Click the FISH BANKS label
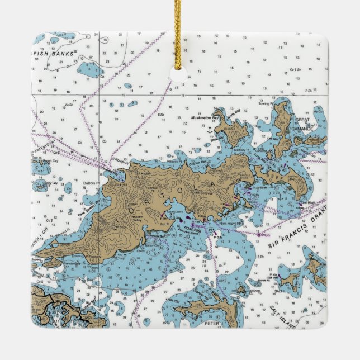click(54, 54)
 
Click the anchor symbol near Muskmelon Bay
click(210, 130)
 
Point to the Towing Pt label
click(264, 104)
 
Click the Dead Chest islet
click(241, 290)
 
